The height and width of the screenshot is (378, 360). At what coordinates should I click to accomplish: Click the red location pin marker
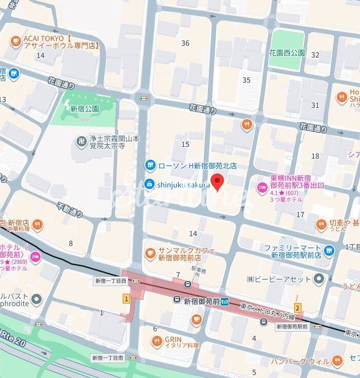point(218,182)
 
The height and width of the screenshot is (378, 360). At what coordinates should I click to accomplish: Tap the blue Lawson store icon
point(150,165)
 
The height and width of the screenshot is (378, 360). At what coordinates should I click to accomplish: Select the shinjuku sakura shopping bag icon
point(150,184)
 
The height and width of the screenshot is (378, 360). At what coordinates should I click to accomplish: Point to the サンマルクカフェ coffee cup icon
point(150,252)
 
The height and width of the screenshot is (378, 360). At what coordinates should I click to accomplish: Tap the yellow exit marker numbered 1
point(125,298)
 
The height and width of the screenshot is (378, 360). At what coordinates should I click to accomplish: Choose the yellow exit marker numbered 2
point(297,309)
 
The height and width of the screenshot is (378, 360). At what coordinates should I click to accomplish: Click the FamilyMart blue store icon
point(329,251)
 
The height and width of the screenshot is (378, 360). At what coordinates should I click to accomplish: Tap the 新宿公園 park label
point(85,109)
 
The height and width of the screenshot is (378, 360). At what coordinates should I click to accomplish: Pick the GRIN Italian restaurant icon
point(157,340)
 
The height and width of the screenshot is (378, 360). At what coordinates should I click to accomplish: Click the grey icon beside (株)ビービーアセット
point(319,279)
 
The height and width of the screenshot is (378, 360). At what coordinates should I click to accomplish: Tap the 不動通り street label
point(70,210)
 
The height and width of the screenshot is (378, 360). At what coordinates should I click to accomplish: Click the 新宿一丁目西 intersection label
point(110,281)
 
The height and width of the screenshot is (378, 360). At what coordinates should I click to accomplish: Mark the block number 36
point(185,43)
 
